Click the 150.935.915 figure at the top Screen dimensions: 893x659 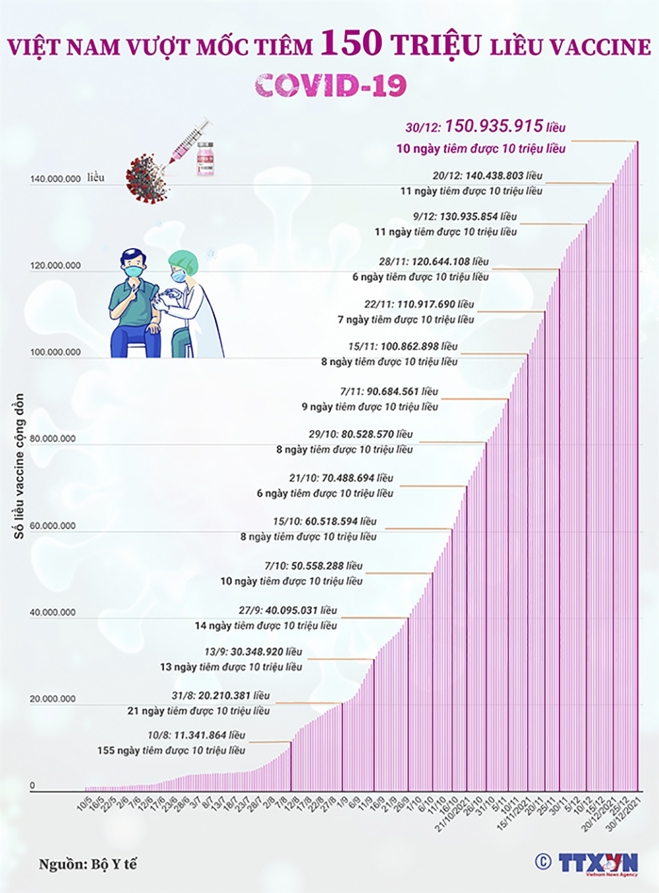tap(494, 126)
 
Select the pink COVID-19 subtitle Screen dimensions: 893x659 tap(331, 85)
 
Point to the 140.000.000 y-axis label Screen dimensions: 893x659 tap(55, 179)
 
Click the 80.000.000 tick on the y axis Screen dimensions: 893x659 tap(52, 439)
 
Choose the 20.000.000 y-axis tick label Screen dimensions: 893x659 tap(52, 699)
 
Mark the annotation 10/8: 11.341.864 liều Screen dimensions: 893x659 tap(196, 735)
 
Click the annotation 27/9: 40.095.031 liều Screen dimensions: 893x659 tap(287, 610)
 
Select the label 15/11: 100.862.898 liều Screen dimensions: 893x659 tap(402, 347)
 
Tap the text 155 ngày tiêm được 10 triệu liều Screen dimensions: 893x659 tap(171, 750)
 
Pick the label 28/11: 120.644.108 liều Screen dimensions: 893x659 tap(433, 261)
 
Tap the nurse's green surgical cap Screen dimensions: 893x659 tap(183, 260)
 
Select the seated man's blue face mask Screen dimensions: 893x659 tap(134, 270)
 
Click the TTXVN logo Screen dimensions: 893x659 tap(597, 863)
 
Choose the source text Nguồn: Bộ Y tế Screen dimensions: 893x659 tap(87, 864)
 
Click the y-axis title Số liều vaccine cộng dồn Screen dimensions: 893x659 tap(19, 466)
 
